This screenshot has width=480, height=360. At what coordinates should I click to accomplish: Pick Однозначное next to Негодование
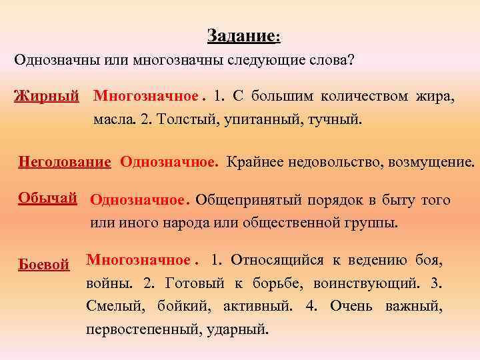point(169,161)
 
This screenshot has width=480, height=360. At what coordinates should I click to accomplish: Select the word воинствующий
point(365,283)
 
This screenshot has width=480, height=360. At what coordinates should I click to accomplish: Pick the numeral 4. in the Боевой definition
point(311,305)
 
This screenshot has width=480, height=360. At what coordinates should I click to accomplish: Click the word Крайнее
point(251,161)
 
